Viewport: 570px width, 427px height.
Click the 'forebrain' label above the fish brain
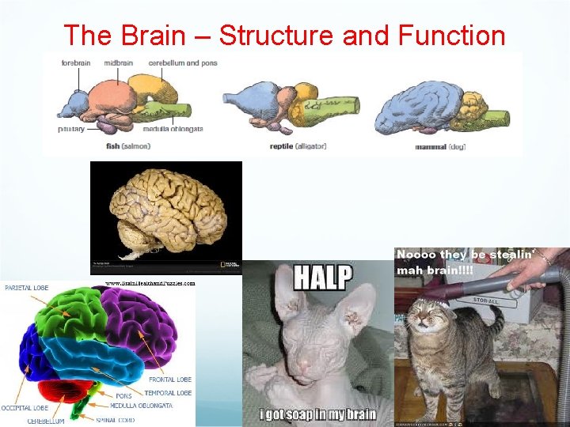tap(76, 62)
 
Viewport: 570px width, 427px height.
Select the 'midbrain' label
tap(118, 62)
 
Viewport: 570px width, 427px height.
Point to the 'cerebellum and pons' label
tap(182, 62)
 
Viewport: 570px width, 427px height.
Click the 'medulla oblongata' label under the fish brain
tap(173, 129)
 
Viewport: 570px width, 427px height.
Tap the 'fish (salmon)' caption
tap(127, 145)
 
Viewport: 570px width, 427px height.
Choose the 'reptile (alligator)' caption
tap(298, 145)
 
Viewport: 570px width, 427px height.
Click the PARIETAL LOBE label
tap(26, 288)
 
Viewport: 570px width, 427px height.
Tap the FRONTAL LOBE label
tap(170, 380)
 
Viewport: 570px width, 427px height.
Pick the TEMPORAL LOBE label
tap(169, 392)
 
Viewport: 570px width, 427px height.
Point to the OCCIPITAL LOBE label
tap(25, 408)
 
